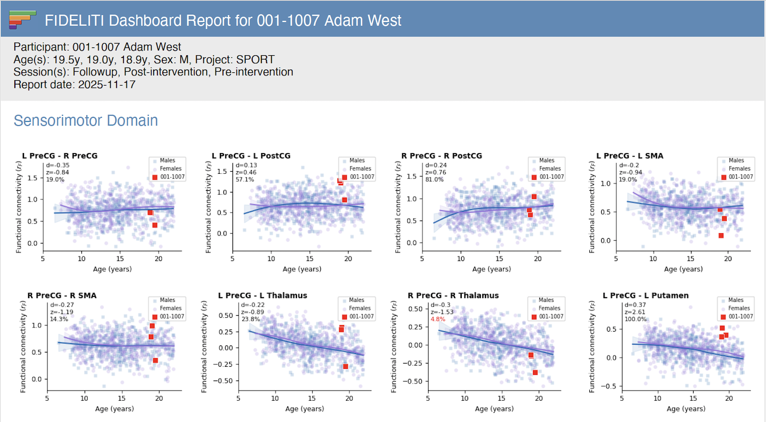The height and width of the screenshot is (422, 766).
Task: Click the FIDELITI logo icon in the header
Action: [22, 19]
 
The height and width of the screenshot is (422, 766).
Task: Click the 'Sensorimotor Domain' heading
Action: [86, 121]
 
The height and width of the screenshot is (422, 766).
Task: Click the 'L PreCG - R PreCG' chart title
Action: [60, 156]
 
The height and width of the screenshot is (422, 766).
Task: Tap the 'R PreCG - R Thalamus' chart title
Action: [453, 296]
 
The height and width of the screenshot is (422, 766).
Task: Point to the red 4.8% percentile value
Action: [438, 319]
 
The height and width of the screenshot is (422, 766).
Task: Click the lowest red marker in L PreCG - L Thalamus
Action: [345, 366]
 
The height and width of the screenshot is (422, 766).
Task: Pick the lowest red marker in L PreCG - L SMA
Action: [721, 235]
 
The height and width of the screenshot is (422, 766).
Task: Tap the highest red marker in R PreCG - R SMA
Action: [152, 326]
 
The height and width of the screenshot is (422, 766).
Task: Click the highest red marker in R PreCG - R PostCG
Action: [534, 197]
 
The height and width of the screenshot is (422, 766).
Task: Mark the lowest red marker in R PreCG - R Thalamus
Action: [535, 373]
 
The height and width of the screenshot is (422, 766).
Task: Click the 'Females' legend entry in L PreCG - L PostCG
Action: [360, 168]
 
